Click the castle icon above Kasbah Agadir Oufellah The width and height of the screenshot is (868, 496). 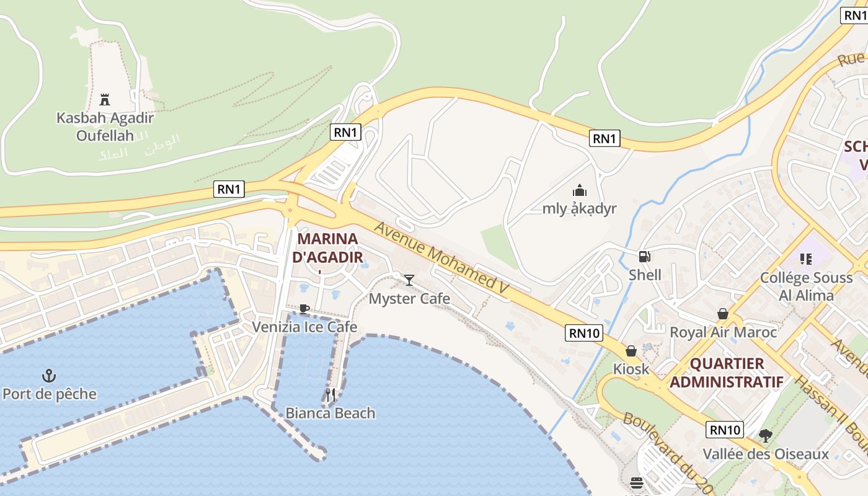pyautogui.click(x=104, y=99)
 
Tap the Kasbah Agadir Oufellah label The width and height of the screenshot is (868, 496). pyautogui.click(x=105, y=126)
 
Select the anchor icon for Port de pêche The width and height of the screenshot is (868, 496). pyautogui.click(x=49, y=376)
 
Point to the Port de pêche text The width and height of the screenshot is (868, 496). pyautogui.click(x=50, y=394)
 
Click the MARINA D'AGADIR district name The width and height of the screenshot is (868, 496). pyautogui.click(x=327, y=247)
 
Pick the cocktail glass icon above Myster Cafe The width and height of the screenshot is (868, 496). pyautogui.click(x=409, y=280)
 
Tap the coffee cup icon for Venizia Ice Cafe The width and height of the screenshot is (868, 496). pyautogui.click(x=304, y=309)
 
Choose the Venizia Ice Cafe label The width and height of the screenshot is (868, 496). pyautogui.click(x=304, y=327)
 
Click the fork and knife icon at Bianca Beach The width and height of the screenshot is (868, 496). pyautogui.click(x=330, y=395)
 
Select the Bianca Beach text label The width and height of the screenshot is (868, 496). pyautogui.click(x=330, y=413)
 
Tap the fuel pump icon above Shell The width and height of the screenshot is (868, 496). pyautogui.click(x=645, y=256)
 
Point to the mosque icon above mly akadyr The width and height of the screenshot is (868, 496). pyautogui.click(x=580, y=190)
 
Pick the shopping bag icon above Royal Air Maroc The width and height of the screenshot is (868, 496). pyautogui.click(x=723, y=314)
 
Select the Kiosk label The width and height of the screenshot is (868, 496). pyautogui.click(x=631, y=370)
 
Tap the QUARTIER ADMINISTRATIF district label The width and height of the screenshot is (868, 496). pyautogui.click(x=727, y=373)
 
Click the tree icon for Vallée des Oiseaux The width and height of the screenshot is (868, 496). pyautogui.click(x=766, y=436)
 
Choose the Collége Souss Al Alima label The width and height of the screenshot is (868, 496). pyautogui.click(x=806, y=286)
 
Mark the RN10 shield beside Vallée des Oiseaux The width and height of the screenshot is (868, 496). pyautogui.click(x=725, y=430)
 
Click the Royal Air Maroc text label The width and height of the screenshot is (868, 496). pyautogui.click(x=723, y=332)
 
